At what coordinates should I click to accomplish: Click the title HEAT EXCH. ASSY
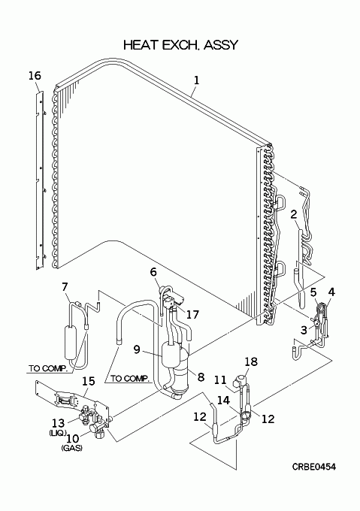click(181, 44)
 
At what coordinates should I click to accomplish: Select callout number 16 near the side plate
click(35, 76)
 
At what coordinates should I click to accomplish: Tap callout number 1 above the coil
click(196, 80)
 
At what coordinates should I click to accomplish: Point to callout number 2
click(294, 214)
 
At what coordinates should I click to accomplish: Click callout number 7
click(65, 287)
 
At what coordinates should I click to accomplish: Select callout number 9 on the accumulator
click(137, 349)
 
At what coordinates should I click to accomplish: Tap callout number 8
click(201, 376)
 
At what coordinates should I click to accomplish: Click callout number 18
click(251, 361)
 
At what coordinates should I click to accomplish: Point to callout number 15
click(88, 381)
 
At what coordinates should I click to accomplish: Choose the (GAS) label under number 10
click(71, 448)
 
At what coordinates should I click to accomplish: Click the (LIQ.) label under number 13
click(58, 433)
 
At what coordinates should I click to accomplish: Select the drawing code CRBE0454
click(313, 467)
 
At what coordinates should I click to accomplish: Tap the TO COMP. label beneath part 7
click(47, 368)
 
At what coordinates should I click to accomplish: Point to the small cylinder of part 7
click(71, 342)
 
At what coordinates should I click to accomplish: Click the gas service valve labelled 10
click(98, 430)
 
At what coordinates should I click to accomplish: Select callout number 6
click(153, 271)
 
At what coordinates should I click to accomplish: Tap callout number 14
click(224, 401)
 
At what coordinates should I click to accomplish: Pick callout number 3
click(304, 330)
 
